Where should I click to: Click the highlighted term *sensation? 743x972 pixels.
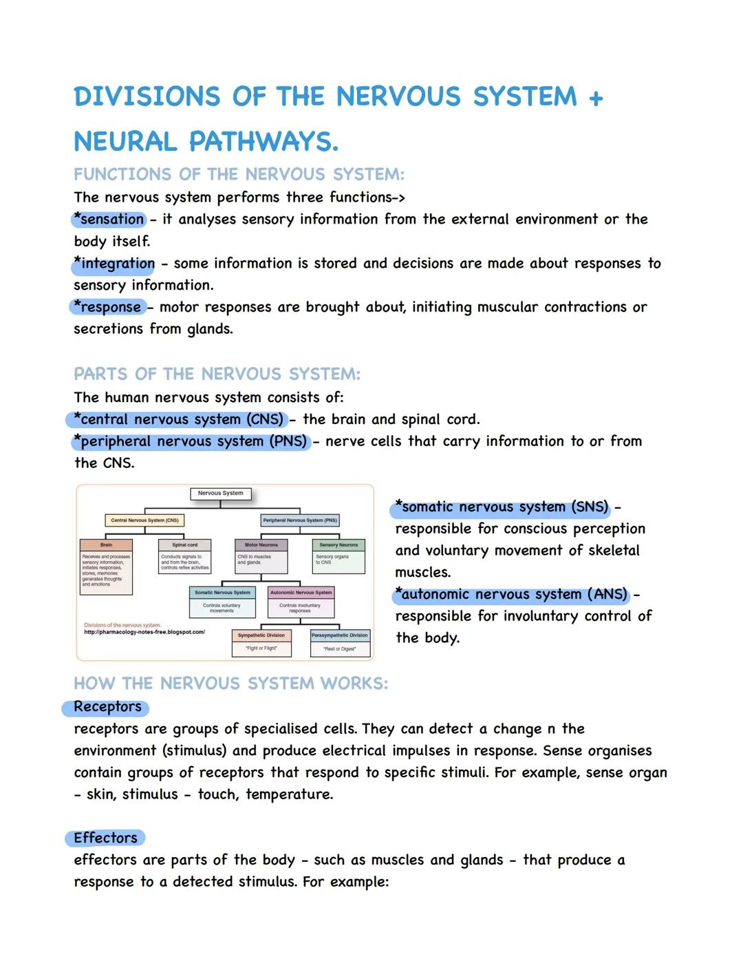[x=109, y=220]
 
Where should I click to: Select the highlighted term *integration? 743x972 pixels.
[x=115, y=264]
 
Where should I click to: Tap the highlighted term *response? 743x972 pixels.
[x=109, y=307]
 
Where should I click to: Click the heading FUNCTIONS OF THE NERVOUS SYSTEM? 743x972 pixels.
[x=239, y=174]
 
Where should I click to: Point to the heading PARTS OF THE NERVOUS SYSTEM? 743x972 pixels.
[x=217, y=374]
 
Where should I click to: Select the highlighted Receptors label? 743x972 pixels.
[x=107, y=707]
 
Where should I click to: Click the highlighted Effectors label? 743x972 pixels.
[x=105, y=838]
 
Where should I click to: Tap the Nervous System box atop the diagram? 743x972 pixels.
[x=220, y=494]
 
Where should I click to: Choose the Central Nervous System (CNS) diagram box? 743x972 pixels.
[x=144, y=520]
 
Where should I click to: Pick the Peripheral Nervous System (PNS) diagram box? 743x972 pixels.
[x=300, y=520]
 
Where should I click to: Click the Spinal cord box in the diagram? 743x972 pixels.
[x=184, y=545]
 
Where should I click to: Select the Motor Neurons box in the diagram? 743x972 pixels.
[x=261, y=545]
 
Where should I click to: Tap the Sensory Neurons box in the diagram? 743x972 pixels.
[x=338, y=545]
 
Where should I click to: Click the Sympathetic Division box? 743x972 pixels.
[x=261, y=635]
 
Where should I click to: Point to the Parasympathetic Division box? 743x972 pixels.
[x=340, y=635]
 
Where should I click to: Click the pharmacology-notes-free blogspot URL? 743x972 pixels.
[x=144, y=632]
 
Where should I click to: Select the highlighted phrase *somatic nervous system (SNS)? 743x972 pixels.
[x=502, y=507]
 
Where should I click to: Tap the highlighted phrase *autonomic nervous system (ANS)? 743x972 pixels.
[x=511, y=594]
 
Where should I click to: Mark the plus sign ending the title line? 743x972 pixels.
[x=596, y=98]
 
